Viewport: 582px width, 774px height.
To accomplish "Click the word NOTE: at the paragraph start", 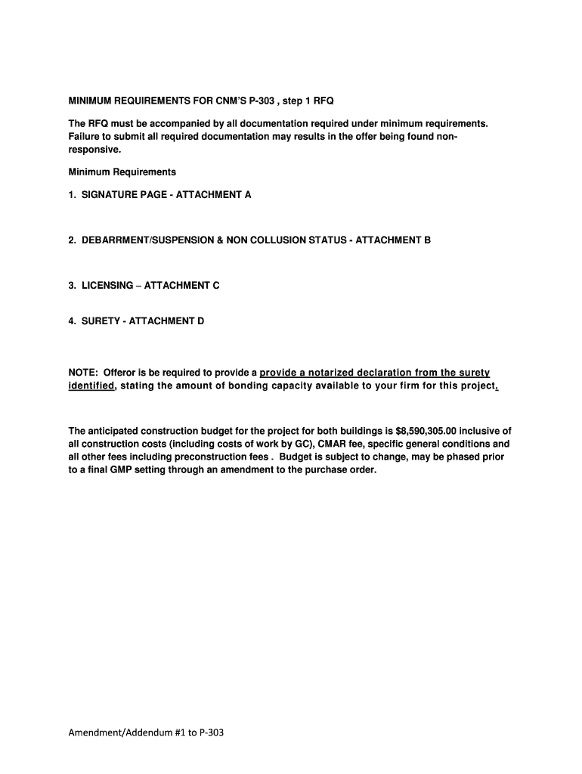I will [83, 373].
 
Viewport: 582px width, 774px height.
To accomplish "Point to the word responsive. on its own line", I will [94, 150].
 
